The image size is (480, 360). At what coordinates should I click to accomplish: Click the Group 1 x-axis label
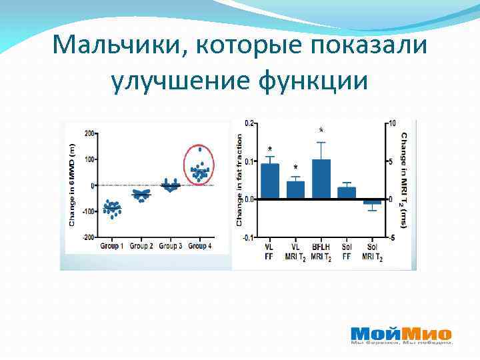[x=112, y=247]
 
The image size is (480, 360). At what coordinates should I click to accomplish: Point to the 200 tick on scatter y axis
[x=88, y=133]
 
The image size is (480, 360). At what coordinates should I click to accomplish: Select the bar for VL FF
[x=269, y=181]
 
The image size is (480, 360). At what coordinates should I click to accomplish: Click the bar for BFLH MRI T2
[x=321, y=179]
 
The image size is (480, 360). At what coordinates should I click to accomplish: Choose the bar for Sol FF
[x=347, y=193]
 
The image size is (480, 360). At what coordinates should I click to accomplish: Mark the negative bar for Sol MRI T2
[x=372, y=201]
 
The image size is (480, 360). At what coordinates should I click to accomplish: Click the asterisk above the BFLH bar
[x=322, y=130]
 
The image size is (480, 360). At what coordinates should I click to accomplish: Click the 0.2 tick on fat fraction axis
[x=249, y=123]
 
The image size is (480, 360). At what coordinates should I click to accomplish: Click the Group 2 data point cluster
[x=141, y=195]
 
